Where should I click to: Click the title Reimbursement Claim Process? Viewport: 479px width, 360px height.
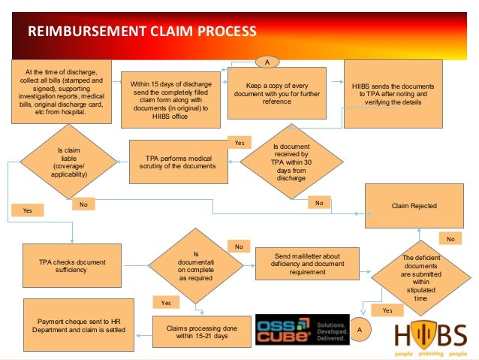(x=143, y=32)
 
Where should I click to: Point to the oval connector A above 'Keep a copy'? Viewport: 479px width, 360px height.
(x=267, y=61)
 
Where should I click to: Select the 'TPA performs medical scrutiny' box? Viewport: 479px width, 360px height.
(x=185, y=161)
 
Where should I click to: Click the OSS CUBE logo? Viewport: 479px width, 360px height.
(x=303, y=328)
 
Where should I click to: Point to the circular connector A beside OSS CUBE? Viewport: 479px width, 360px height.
(x=360, y=329)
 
